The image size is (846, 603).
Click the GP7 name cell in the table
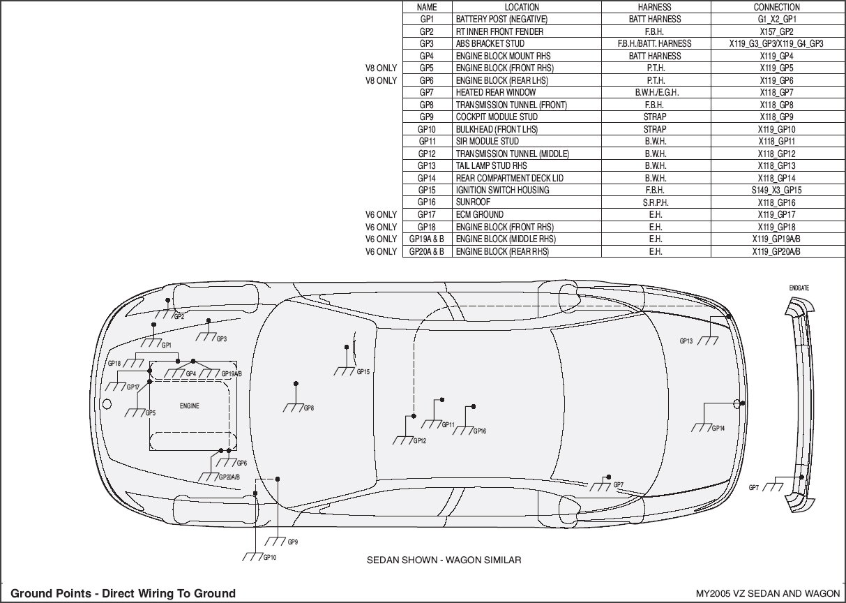[x=426, y=93]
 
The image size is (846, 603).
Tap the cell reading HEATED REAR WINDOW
[x=496, y=93]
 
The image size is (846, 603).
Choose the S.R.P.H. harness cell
[x=655, y=202]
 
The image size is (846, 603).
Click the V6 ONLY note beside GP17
[x=382, y=215]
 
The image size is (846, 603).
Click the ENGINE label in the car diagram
[x=189, y=406]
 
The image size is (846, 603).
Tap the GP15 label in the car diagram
[x=363, y=372]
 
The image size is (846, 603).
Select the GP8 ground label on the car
[x=308, y=408]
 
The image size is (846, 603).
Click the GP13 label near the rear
[x=686, y=341]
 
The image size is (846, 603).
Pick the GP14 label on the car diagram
[x=718, y=429]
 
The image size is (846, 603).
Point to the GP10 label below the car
[x=270, y=558]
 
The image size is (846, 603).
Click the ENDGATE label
[x=799, y=288]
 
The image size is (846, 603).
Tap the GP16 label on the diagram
[x=480, y=431]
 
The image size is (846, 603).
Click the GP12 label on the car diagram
[x=419, y=441]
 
